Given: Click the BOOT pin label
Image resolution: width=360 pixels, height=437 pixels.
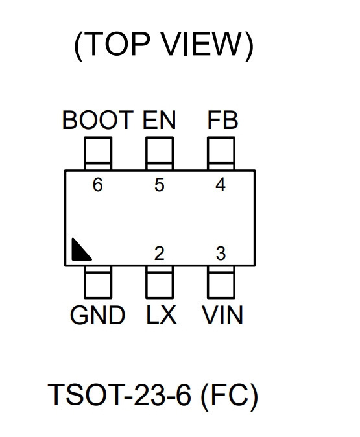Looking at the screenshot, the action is (x=97, y=120).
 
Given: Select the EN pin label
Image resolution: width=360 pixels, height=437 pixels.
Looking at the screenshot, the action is (x=159, y=120).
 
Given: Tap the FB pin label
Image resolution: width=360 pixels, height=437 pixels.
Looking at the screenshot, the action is (x=222, y=120).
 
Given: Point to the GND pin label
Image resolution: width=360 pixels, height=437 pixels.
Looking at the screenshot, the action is (x=97, y=315).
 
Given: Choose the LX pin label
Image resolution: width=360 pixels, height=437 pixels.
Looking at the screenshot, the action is (x=162, y=314).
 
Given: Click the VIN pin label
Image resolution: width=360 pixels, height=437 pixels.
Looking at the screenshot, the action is (x=222, y=315).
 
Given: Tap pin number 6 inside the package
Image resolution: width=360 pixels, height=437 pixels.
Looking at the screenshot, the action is (x=97, y=185).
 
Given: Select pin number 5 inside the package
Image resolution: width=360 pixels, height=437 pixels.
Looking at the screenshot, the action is (x=160, y=185).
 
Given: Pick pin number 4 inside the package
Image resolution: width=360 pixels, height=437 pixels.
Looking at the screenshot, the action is (x=221, y=185).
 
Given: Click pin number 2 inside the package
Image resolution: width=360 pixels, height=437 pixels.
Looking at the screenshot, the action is (x=159, y=254).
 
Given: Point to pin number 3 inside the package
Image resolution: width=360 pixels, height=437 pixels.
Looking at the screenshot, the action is (x=221, y=254).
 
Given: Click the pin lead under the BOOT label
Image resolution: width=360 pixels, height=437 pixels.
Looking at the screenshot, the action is (x=98, y=153).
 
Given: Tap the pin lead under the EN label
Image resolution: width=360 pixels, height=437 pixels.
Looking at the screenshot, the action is (x=160, y=153).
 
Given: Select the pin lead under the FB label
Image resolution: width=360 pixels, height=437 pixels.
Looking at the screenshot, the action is (x=221, y=153).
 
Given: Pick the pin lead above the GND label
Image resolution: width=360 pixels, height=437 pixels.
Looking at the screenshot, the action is (x=98, y=282).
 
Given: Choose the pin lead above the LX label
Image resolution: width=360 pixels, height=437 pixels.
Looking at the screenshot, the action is (x=160, y=282).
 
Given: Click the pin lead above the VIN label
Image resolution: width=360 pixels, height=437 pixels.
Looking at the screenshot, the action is (x=221, y=282).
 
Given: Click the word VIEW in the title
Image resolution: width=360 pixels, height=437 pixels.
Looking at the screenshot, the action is (x=201, y=44).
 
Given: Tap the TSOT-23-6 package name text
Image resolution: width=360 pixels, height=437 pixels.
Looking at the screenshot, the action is (x=120, y=395).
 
